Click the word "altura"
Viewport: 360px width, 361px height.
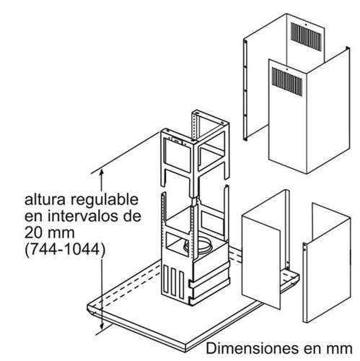point(45,200)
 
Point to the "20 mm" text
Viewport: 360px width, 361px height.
point(50,232)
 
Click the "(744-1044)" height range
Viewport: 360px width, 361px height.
point(65,249)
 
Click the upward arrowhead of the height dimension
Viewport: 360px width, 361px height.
point(102,173)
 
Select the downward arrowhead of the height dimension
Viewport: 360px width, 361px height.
point(102,326)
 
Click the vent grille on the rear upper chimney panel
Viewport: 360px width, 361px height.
point(306,37)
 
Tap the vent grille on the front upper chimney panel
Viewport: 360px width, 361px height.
point(287,82)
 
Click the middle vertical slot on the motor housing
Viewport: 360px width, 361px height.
point(174,281)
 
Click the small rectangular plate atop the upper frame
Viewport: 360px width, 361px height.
point(177,140)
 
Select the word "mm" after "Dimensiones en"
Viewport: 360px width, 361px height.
point(340,349)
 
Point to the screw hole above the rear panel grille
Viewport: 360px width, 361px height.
point(305,25)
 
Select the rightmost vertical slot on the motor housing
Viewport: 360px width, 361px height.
point(182,284)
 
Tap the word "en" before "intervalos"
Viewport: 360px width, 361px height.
point(34,217)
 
